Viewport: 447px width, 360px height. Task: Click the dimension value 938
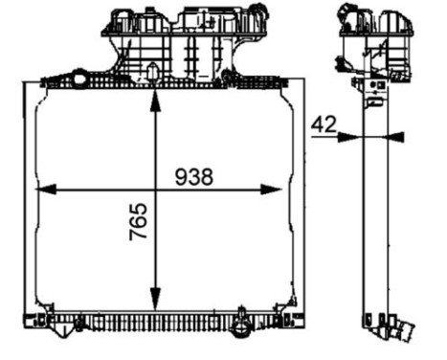(193, 176)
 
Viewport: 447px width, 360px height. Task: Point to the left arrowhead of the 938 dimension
(41, 190)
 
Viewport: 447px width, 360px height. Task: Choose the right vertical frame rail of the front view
(300, 201)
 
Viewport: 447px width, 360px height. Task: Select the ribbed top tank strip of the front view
(163, 83)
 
